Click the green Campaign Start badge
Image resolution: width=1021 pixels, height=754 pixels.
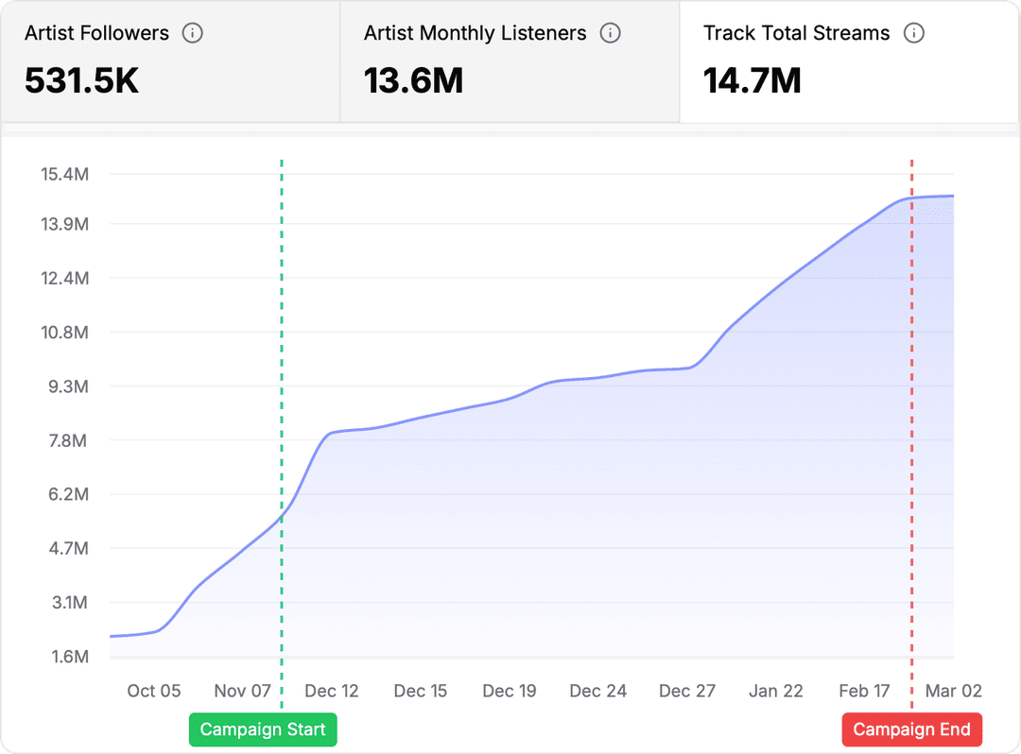tap(263, 729)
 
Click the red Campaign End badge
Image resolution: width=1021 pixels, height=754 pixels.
tap(911, 729)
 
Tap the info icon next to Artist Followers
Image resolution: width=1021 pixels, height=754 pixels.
tap(192, 33)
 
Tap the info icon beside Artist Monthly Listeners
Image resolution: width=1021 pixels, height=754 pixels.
tap(611, 33)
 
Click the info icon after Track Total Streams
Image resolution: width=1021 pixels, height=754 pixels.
tap(913, 33)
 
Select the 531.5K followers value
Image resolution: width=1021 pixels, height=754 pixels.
tap(82, 81)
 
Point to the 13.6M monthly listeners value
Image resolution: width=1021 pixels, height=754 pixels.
tap(413, 81)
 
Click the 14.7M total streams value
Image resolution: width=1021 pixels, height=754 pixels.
tap(753, 81)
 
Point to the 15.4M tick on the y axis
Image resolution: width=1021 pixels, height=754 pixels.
tap(64, 174)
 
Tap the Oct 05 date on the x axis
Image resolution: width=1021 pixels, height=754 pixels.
tap(154, 691)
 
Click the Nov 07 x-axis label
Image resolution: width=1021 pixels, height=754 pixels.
tap(243, 691)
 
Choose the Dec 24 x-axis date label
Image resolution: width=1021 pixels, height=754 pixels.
tap(598, 691)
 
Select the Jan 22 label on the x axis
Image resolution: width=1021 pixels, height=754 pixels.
tap(776, 691)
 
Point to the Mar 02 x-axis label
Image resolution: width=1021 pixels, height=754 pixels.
tap(954, 691)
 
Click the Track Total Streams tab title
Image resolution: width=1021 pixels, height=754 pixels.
tap(796, 33)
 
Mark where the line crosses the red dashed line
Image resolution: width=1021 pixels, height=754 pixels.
tap(911, 198)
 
